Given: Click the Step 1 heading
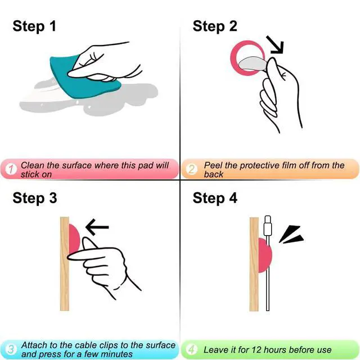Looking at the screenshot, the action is [34, 26].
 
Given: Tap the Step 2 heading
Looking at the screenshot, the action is [215, 26].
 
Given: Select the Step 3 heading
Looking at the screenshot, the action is [35, 199].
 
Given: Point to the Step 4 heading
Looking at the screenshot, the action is [215, 199].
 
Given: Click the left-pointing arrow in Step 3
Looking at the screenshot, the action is [97, 227].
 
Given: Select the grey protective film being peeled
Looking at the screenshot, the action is [252, 64].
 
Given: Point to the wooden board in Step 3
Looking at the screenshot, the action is [65, 264].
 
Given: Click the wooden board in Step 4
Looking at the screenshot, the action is [254, 264].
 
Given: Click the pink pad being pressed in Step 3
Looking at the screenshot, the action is [74, 238].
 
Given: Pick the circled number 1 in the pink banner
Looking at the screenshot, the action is [11, 169].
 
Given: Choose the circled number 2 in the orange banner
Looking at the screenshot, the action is [191, 169].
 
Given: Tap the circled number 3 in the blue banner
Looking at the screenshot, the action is [10, 349].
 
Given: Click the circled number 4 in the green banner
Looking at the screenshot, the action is [191, 349].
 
